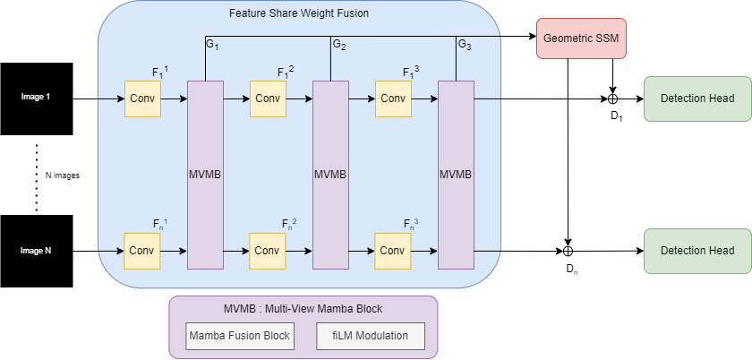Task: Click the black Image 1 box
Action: pyautogui.click(x=37, y=97)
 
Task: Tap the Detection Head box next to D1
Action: pyautogui.click(x=697, y=98)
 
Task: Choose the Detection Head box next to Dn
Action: pyautogui.click(x=697, y=251)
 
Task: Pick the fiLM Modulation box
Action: pyautogui.click(x=371, y=336)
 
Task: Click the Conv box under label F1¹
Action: pyautogui.click(x=142, y=98)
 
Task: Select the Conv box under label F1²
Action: pyautogui.click(x=268, y=98)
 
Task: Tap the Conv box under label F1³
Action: pyautogui.click(x=393, y=98)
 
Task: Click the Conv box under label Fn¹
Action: pyautogui.click(x=142, y=251)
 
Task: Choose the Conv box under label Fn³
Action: pyautogui.click(x=393, y=251)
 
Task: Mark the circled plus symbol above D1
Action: pyautogui.click(x=613, y=98)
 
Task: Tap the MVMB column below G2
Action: pyautogui.click(x=329, y=173)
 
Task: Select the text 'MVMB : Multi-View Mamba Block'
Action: pyautogui.click(x=303, y=309)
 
